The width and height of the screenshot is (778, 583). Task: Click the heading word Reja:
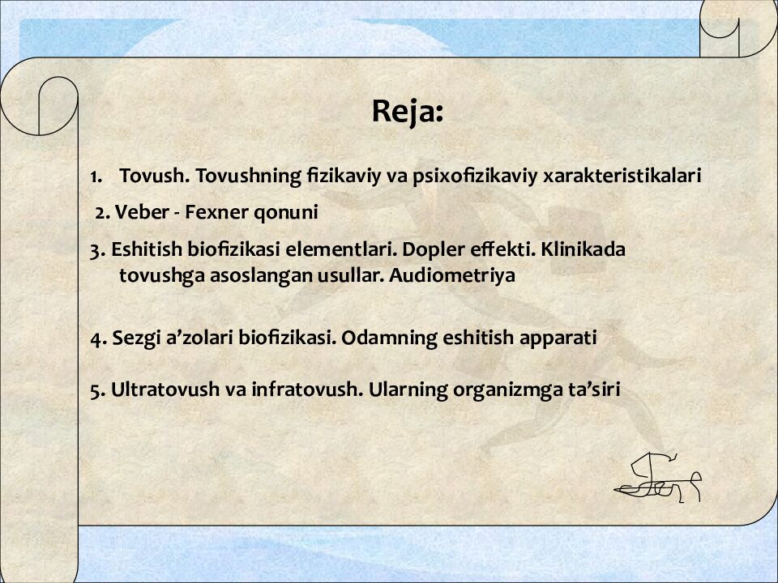pyautogui.click(x=408, y=112)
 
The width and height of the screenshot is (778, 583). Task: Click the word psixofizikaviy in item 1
pyautogui.click(x=475, y=176)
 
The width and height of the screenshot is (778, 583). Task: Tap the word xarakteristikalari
pyautogui.click(x=622, y=175)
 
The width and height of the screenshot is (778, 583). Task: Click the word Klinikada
pyautogui.click(x=583, y=249)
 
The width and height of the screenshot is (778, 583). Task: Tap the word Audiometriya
pyautogui.click(x=452, y=275)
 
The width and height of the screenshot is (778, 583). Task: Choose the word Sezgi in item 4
pyautogui.click(x=132, y=338)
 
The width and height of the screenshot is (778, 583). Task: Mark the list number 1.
pyautogui.click(x=96, y=177)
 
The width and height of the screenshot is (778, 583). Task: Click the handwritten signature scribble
pyautogui.click(x=658, y=478)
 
